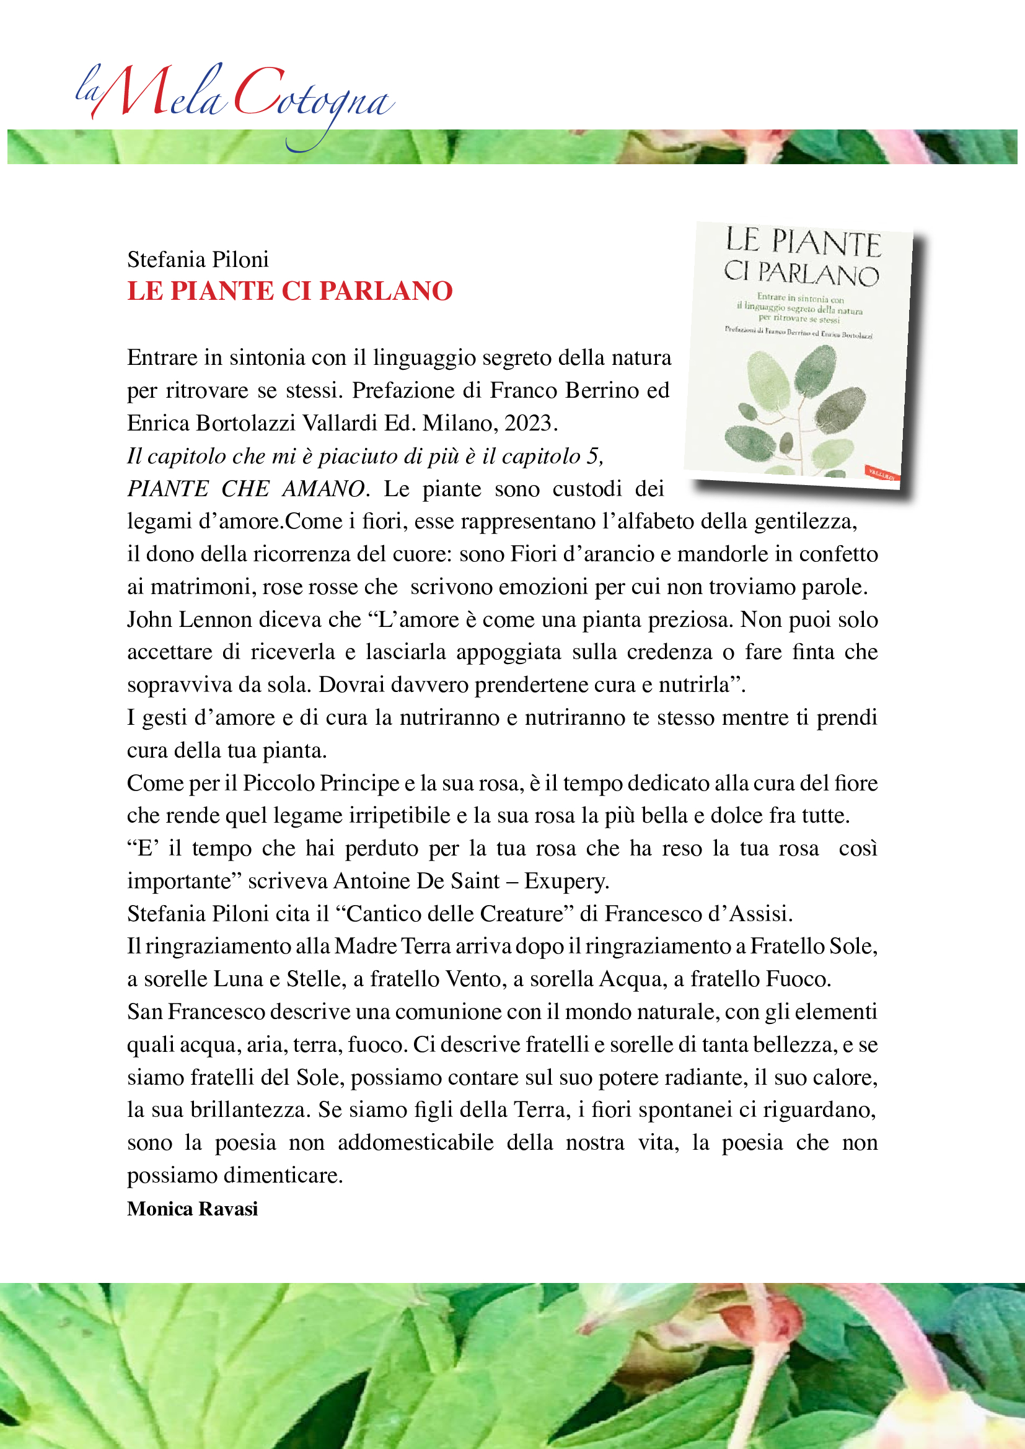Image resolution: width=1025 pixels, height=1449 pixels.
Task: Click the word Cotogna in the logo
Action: tap(312, 98)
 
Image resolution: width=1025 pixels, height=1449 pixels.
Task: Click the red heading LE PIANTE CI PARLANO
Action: tap(289, 291)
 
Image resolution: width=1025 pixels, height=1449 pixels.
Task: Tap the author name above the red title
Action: tap(198, 260)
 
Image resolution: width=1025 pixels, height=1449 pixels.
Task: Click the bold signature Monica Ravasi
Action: tap(193, 1209)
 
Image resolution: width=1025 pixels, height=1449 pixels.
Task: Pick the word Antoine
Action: tap(372, 880)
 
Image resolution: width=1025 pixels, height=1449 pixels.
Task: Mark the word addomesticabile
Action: tap(415, 1142)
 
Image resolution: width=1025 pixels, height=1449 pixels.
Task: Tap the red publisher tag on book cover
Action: tap(882, 474)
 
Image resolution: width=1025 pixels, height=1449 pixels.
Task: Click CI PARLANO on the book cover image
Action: tap(801, 273)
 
